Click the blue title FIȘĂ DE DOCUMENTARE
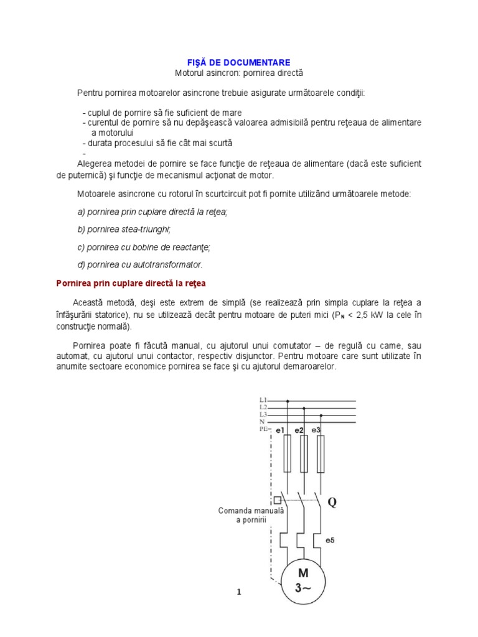click(x=239, y=62)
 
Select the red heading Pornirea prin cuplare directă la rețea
click(x=131, y=283)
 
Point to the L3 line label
click(x=263, y=414)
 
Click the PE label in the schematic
click(x=263, y=429)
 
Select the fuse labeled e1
click(x=287, y=453)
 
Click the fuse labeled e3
click(x=321, y=453)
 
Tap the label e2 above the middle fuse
click(x=299, y=430)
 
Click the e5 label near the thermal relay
click(x=329, y=540)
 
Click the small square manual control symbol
click(x=277, y=500)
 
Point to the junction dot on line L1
click(x=287, y=401)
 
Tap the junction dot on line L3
click(x=321, y=416)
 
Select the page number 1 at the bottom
click(x=238, y=593)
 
